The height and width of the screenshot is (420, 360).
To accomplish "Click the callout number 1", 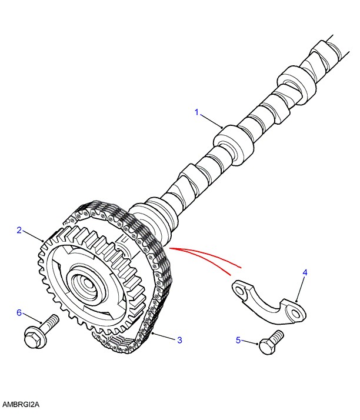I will coord(197,111).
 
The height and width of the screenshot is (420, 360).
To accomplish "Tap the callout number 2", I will coord(19,230).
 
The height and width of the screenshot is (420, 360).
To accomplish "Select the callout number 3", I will coord(179,339).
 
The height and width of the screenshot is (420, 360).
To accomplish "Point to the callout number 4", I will coord(305,272).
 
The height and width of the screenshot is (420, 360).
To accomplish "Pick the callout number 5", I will coord(238,339).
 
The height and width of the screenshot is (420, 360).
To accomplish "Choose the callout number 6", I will coord(19,312).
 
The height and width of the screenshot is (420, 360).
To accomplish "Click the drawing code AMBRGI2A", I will coord(20,405).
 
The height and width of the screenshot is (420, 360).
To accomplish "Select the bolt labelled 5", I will coord(271,342).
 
